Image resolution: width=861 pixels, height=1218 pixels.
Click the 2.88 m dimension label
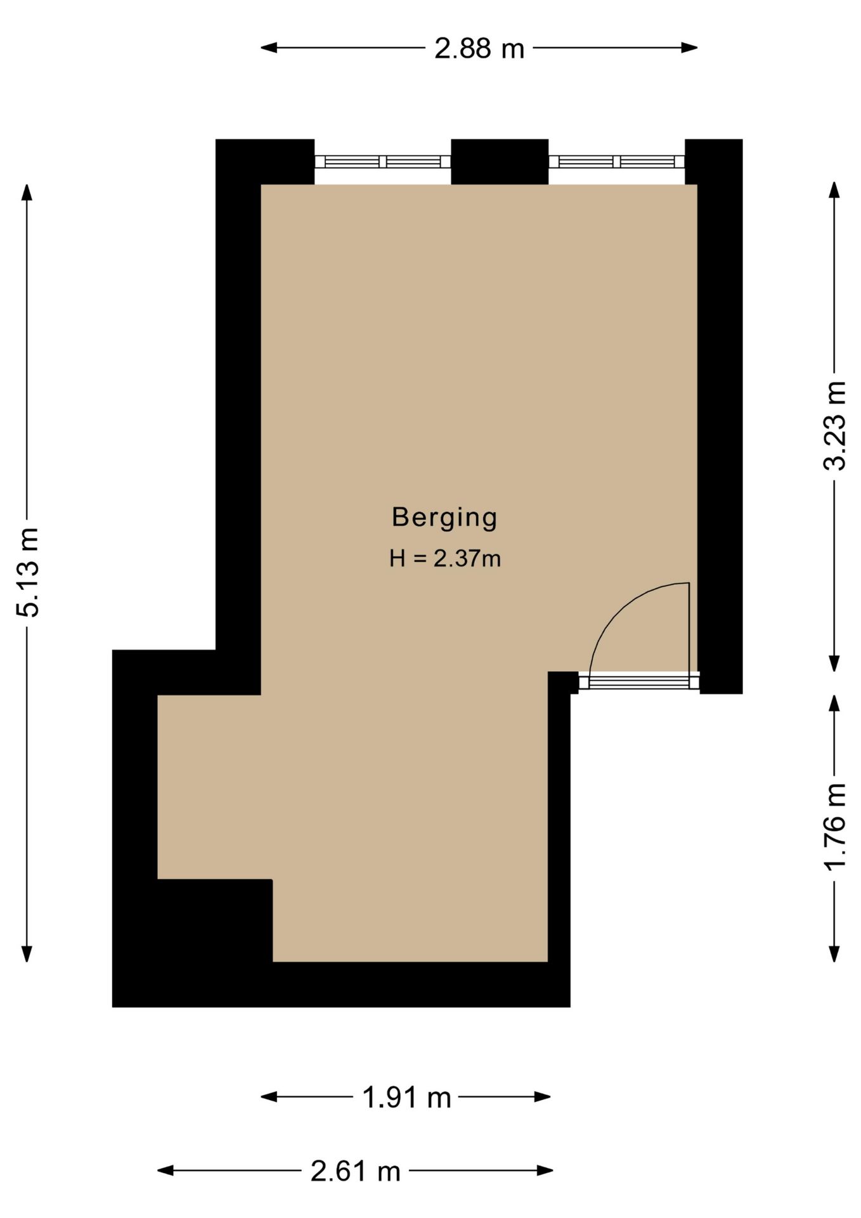479,48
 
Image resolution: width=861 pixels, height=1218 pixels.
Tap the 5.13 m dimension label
28,572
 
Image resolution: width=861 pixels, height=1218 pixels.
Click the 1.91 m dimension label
406,1097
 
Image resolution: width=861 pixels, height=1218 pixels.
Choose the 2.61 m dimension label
355,1171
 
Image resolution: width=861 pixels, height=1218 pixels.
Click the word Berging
444,518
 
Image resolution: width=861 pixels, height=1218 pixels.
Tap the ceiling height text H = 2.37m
445,559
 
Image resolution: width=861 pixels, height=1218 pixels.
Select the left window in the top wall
382,162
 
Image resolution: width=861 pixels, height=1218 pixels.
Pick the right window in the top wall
616,162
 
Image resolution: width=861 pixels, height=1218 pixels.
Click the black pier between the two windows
500,161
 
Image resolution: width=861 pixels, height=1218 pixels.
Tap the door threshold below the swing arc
638,683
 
